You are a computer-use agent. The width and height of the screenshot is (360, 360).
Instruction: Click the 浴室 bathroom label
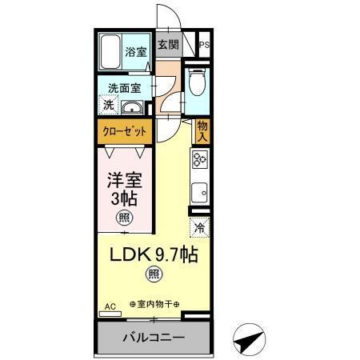(x=136, y=52)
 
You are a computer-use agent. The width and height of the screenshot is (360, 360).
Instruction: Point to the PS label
(x=206, y=46)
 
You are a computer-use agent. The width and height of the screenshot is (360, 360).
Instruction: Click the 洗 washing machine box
(x=106, y=105)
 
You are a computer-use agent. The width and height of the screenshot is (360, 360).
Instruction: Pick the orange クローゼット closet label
(x=122, y=130)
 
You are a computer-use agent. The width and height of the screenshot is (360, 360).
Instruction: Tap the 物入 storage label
(x=202, y=130)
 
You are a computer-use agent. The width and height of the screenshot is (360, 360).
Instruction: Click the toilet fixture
(x=197, y=83)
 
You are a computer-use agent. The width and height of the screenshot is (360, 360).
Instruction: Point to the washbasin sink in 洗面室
(x=133, y=109)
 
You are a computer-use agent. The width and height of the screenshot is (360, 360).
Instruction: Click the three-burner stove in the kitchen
(x=200, y=161)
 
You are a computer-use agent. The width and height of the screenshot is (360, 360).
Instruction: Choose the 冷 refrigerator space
(x=200, y=228)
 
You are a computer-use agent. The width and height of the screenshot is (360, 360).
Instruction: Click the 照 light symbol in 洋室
(x=125, y=216)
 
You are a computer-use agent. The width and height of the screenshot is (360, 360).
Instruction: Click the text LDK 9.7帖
(x=154, y=256)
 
